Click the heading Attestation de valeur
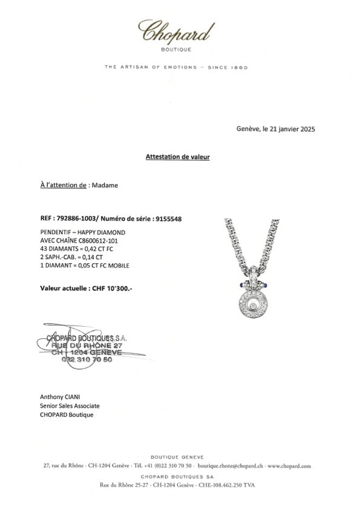click(x=177, y=157)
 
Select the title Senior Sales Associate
click(x=69, y=406)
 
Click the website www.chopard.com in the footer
click(x=289, y=466)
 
